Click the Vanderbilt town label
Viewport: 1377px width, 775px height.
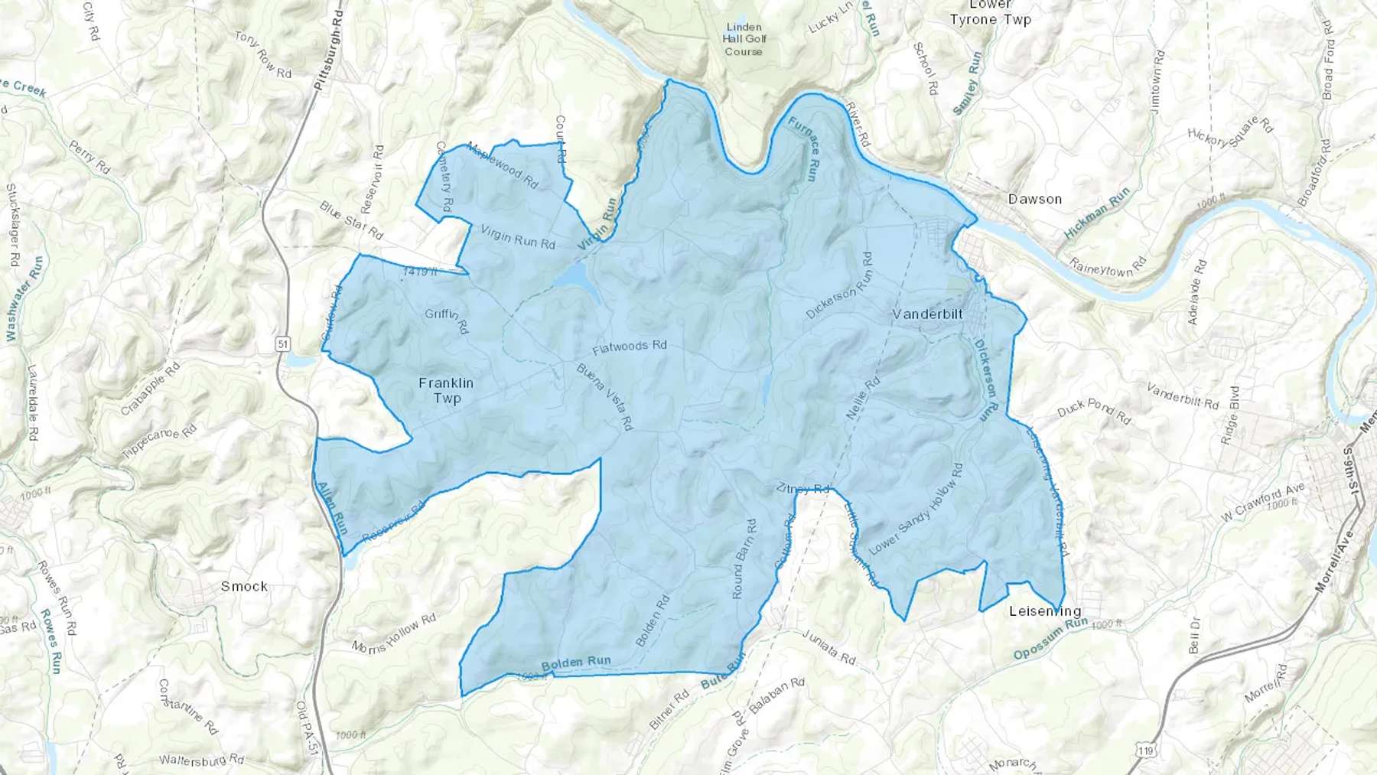[928, 314]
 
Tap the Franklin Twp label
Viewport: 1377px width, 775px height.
[446, 390]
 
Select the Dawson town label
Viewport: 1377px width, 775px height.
[1034, 199]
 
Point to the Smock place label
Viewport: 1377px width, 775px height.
[244, 586]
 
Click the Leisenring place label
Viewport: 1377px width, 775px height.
[1045, 611]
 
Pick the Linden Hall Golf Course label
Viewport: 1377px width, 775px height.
[744, 39]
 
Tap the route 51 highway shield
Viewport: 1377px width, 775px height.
[284, 344]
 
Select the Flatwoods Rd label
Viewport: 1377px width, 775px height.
[630, 347]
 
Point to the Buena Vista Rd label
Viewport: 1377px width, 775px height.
[604, 396]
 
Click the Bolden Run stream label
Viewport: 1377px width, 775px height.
[576, 663]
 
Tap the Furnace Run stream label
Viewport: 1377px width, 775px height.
[804, 148]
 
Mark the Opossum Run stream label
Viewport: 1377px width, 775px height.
[1050, 640]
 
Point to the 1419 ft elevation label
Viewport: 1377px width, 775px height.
[420, 272]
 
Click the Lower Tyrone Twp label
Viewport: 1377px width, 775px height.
[990, 12]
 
